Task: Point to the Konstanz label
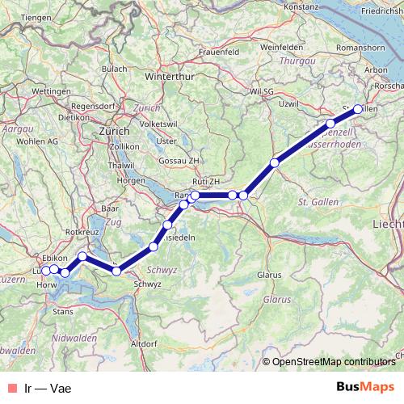[x=303, y=6]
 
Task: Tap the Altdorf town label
[x=144, y=343]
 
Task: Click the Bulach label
[x=115, y=69]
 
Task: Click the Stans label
[x=62, y=309]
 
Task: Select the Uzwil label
[x=288, y=105]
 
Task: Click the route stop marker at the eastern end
[x=358, y=109]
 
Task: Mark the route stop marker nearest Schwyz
[x=116, y=271]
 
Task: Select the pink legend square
[x=10, y=388]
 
